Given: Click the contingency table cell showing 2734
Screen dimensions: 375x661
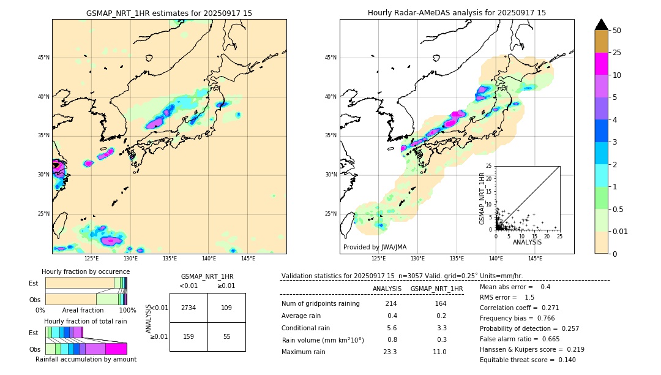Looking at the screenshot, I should (x=189, y=308).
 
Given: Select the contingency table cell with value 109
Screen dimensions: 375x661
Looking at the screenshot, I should (x=226, y=308).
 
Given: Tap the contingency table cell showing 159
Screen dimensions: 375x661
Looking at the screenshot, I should (x=189, y=336).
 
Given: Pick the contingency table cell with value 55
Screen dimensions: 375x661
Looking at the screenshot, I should (x=226, y=336).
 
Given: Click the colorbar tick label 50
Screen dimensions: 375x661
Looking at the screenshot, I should (x=617, y=31).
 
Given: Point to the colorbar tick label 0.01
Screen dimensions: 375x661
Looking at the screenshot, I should (x=620, y=231).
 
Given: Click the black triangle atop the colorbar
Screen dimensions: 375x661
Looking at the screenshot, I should (x=601, y=25).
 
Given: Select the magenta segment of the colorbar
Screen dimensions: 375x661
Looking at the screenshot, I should (x=601, y=64).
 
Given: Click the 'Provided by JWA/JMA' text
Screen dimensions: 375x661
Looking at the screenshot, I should (x=375, y=248).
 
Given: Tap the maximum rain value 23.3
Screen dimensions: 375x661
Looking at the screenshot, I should (x=390, y=352).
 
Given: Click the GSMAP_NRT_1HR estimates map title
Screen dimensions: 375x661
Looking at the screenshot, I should (x=169, y=13).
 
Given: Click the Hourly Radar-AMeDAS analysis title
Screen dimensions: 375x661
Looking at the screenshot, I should (x=457, y=13).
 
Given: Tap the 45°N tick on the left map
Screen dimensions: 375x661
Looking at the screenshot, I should (x=43, y=58).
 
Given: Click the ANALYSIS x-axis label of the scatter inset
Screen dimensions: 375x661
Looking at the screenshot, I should (x=527, y=242).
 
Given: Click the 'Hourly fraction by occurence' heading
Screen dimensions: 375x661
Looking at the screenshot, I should (x=86, y=271).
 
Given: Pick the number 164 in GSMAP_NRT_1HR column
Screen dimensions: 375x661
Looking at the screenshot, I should (x=441, y=304).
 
